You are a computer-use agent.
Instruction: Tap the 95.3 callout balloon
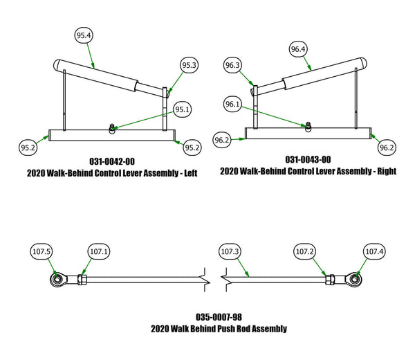(190, 65)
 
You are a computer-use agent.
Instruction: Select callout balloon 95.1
(183, 109)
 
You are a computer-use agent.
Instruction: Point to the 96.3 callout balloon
(233, 66)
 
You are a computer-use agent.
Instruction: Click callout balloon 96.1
(233, 104)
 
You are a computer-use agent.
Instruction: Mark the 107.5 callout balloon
(42, 251)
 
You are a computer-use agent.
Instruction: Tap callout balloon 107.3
(228, 251)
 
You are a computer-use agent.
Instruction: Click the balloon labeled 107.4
(373, 251)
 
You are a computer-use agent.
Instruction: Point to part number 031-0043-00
(308, 159)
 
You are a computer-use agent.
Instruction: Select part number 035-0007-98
(219, 316)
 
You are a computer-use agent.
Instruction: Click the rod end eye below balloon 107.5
(56, 280)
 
